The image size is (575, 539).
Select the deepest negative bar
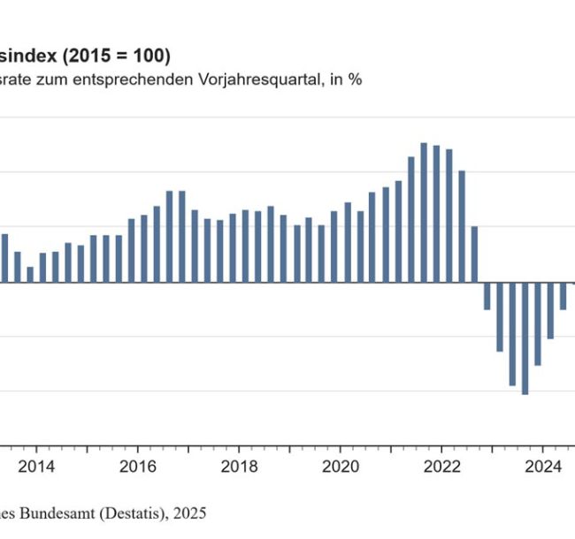pos(525,338)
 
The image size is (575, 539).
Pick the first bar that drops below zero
pos(487,296)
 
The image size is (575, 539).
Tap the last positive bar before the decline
pos(474,254)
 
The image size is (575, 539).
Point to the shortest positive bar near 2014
pos(29,274)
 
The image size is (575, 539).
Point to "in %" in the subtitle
pos(349,79)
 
